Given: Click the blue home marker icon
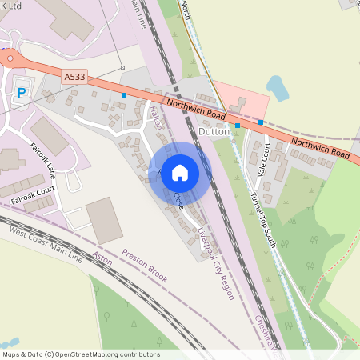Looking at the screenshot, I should click(x=180, y=173).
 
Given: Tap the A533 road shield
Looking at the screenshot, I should click(x=74, y=77).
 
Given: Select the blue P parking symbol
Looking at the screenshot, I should click(x=22, y=93).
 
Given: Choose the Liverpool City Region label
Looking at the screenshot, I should click(x=216, y=261).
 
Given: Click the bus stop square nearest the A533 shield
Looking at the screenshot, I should click(x=123, y=94).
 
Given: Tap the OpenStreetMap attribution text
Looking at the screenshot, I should click(x=80, y=354).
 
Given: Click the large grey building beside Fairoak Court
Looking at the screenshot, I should click(x=104, y=220).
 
